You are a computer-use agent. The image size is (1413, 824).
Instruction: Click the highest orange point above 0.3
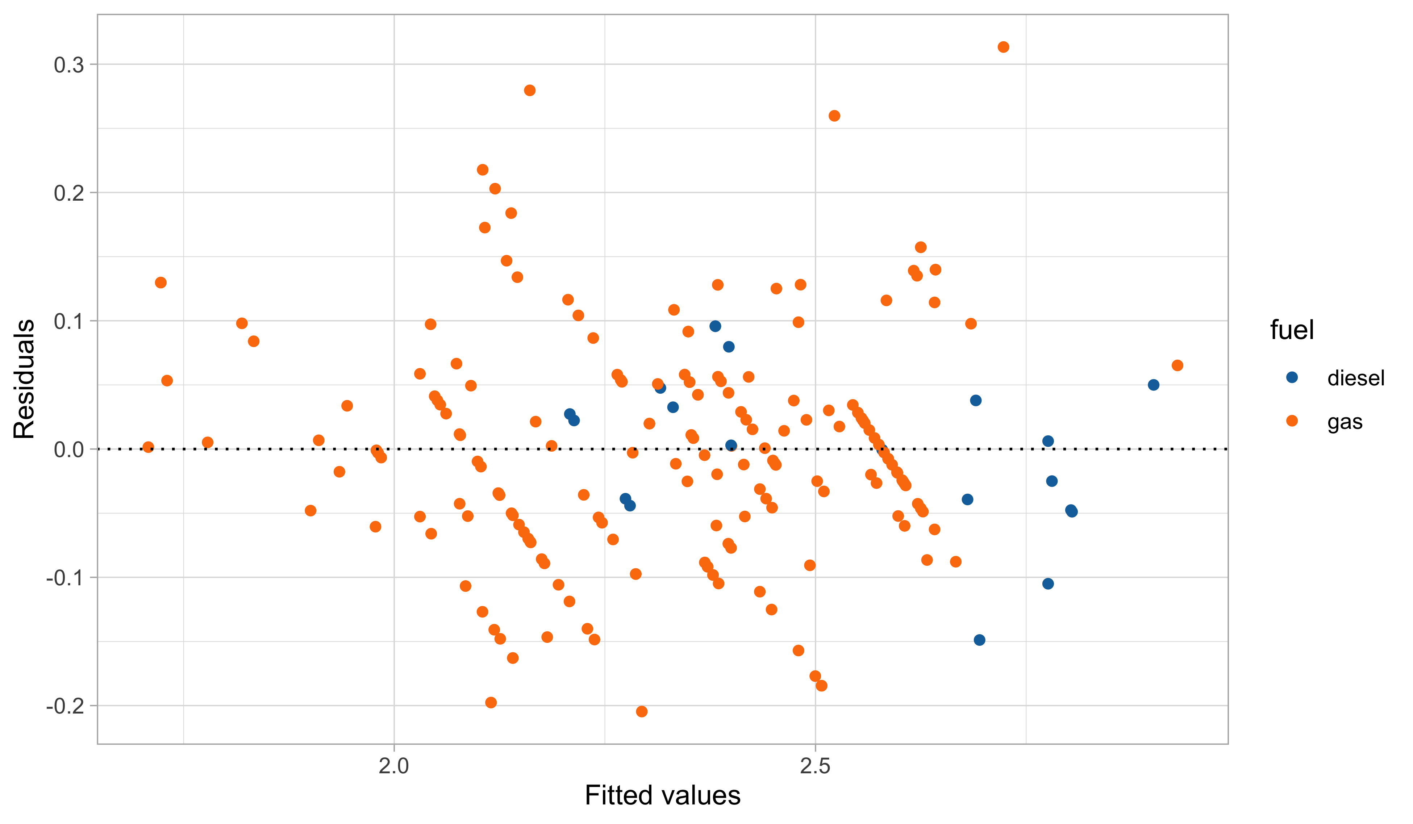tap(1003, 47)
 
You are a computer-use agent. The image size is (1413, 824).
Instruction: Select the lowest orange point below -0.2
tap(641, 711)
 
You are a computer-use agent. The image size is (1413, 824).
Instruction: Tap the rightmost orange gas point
tap(1177, 365)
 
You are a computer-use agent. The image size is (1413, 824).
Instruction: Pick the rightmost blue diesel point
tap(1153, 385)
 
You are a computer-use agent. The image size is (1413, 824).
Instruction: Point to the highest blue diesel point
tap(715, 326)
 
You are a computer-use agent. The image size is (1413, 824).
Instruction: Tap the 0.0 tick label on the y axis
tap(68, 449)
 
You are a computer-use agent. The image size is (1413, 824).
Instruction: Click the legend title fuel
tap(1291, 330)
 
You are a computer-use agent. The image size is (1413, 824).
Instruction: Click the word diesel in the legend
tap(1356, 378)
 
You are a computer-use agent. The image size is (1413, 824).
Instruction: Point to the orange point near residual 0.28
tap(529, 90)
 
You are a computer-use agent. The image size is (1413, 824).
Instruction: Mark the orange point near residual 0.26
tap(834, 116)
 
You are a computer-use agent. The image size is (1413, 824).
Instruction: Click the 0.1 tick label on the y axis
tap(68, 321)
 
